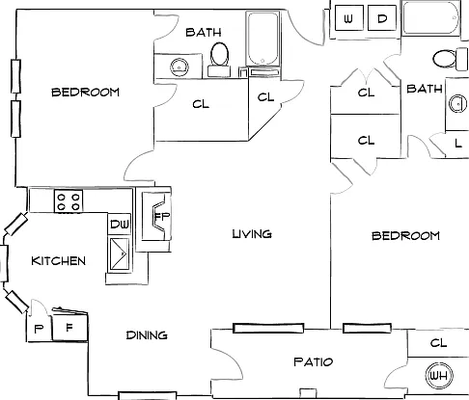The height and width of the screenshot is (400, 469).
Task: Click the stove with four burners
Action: click(x=69, y=201)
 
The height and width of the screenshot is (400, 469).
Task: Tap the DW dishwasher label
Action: click(x=120, y=224)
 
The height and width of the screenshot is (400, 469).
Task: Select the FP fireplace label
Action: click(x=162, y=216)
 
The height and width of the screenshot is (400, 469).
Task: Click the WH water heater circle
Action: click(x=439, y=375)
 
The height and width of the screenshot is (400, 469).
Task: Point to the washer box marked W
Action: click(x=349, y=18)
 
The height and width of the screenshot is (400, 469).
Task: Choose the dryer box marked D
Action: click(x=382, y=18)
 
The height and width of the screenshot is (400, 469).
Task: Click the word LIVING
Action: click(x=252, y=234)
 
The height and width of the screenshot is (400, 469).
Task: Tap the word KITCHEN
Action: click(x=59, y=260)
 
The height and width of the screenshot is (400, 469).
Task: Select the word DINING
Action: click(x=147, y=335)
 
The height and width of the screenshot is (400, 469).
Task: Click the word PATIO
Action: click(x=313, y=362)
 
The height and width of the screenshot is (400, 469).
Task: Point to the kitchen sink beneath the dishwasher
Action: click(x=120, y=254)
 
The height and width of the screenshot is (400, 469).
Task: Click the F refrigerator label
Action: click(x=69, y=328)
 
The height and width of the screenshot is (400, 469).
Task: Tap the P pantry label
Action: click(x=39, y=329)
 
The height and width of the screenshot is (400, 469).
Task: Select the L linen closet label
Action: click(x=458, y=143)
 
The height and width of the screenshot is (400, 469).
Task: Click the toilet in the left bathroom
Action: click(x=219, y=60)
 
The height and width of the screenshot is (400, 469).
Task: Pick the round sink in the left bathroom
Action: click(x=179, y=67)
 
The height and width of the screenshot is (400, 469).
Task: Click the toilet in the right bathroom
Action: click(x=450, y=59)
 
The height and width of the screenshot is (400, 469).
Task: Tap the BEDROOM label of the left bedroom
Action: click(x=85, y=93)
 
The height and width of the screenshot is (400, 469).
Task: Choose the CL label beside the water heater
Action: click(x=438, y=343)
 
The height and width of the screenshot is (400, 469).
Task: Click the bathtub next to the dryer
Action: click(x=431, y=17)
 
